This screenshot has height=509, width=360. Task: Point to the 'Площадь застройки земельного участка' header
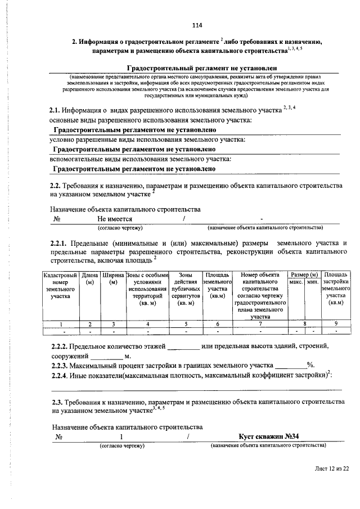click(336, 288)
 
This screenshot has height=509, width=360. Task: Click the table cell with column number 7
click(260, 324)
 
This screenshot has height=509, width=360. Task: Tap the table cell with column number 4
click(148, 324)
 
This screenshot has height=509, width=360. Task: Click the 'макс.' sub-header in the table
click(296, 281)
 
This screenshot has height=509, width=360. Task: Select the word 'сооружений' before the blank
click(70, 356)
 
